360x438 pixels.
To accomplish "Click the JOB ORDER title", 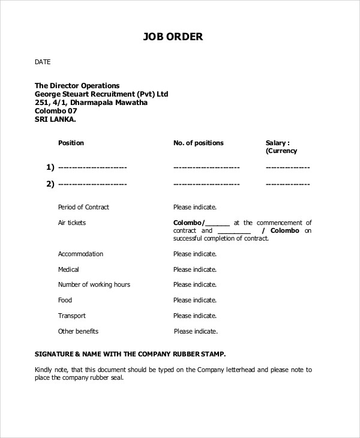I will pyautogui.click(x=173, y=37).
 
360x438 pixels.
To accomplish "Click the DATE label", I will pyautogui.click(x=43, y=62).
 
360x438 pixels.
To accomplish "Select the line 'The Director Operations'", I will pyautogui.click(x=77, y=86).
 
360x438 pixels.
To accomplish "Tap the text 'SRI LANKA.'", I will pyautogui.click(x=55, y=119).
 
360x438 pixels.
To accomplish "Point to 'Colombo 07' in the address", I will pyautogui.click(x=56, y=111).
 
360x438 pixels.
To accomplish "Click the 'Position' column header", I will pyautogui.click(x=71, y=143).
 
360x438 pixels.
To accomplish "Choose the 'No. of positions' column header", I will pyautogui.click(x=198, y=143).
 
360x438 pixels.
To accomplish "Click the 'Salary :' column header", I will pyautogui.click(x=278, y=143).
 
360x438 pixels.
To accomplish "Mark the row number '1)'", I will pyautogui.click(x=50, y=167).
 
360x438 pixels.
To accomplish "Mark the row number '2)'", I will pyautogui.click(x=50, y=184).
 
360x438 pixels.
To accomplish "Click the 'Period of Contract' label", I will pyautogui.click(x=83, y=207).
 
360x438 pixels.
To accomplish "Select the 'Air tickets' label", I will pyautogui.click(x=72, y=223).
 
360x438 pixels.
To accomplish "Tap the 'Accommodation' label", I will pyautogui.click(x=80, y=254).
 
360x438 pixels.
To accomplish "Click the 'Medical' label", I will pyautogui.click(x=68, y=269).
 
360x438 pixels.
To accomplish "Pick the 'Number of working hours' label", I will pyautogui.click(x=94, y=284).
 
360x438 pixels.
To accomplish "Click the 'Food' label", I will pyautogui.click(x=65, y=300).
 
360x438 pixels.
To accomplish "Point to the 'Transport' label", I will pyautogui.click(x=72, y=316).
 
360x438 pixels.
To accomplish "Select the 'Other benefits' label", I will pyautogui.click(x=78, y=331).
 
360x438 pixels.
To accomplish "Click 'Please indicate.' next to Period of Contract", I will pyautogui.click(x=195, y=207).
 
